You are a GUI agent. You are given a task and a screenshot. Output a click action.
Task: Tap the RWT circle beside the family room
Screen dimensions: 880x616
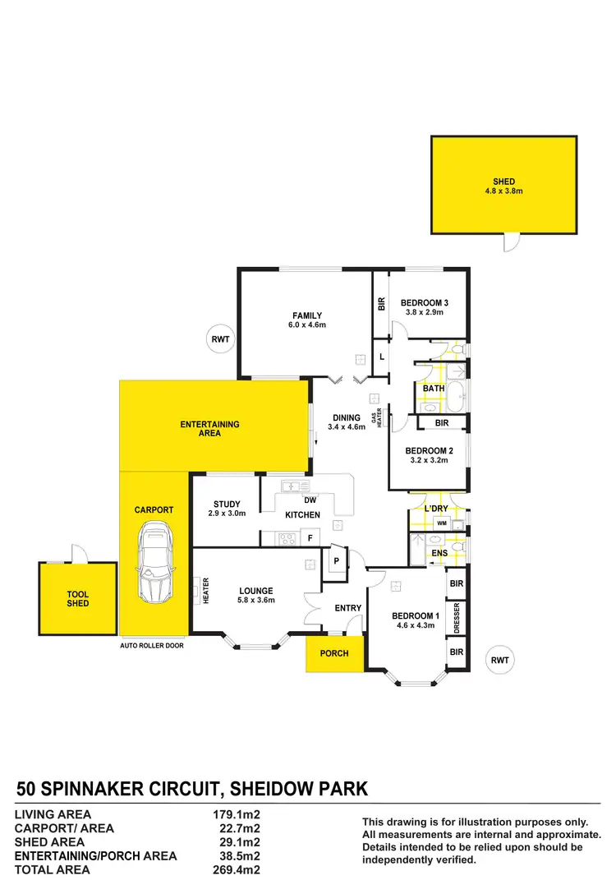pos(220,338)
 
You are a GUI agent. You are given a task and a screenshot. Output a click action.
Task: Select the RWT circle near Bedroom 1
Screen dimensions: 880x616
pos(499,659)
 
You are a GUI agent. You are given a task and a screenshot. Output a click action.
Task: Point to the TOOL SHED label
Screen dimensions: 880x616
pos(78,598)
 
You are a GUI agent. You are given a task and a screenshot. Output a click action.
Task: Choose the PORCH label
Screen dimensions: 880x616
pos(334,653)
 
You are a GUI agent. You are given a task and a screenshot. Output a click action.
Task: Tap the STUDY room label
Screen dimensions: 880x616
pos(226,505)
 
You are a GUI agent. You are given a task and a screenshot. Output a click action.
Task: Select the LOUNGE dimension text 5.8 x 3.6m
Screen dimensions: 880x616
pos(255,600)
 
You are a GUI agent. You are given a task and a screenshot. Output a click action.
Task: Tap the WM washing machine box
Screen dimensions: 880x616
pos(441,523)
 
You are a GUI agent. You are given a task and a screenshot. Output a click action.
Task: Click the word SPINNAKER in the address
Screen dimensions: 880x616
pos(138,790)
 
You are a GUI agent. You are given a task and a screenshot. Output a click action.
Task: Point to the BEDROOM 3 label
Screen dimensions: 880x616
pos(425,302)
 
